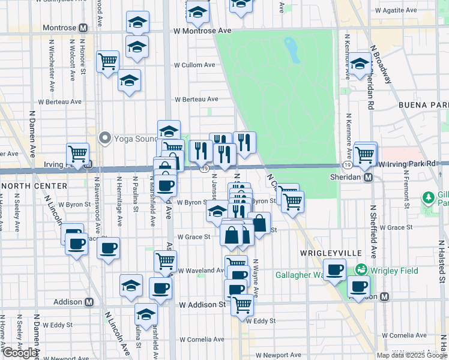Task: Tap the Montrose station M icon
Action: (x=82, y=28)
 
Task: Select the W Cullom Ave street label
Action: (x=194, y=65)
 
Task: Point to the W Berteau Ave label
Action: (x=196, y=100)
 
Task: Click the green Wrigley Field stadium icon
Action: (x=361, y=271)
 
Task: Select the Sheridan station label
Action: (x=348, y=178)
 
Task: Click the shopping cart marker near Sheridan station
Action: (x=364, y=154)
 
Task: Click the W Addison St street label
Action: (x=203, y=305)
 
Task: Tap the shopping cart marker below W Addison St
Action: (x=242, y=305)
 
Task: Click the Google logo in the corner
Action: (x=20, y=353)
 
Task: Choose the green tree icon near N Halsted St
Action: (x=428, y=197)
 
